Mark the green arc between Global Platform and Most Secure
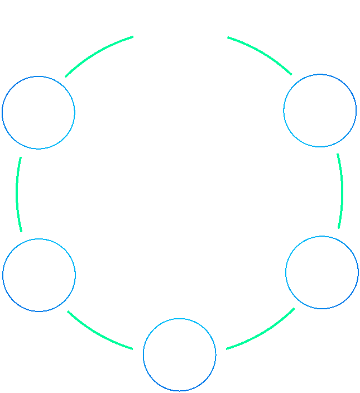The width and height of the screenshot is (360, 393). coord(341,190)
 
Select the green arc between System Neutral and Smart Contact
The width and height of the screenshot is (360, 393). coord(17,193)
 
